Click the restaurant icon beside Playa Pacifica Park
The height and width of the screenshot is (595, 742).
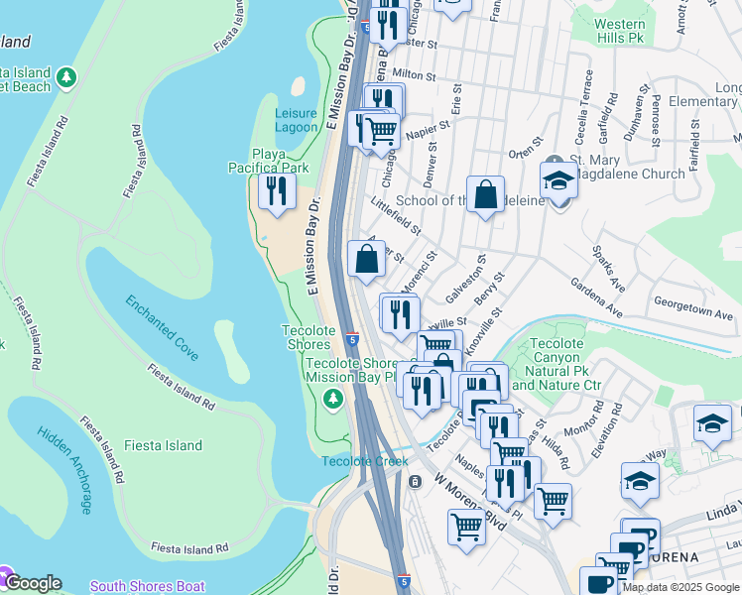tap(277, 189)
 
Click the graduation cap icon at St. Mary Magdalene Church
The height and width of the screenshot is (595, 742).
tap(559, 179)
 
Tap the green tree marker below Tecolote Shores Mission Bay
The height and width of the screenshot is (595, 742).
tap(334, 398)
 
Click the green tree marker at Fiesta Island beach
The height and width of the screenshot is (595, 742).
tap(66, 76)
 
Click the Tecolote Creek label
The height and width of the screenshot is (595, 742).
tap(364, 461)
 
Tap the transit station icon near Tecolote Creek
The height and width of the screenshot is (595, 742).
tap(415, 481)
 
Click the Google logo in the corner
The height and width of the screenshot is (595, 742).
tap(33, 583)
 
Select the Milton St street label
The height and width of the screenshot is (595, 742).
tap(414, 74)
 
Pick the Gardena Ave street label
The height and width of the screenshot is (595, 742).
tap(596, 296)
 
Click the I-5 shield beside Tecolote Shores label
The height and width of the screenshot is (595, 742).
tap(353, 339)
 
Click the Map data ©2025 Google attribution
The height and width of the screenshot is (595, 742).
tap(679, 587)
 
